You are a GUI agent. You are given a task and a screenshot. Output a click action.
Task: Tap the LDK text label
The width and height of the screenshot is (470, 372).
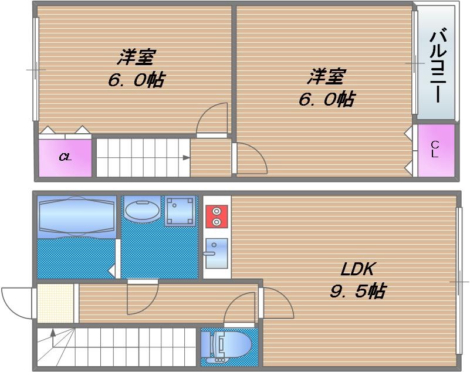coord(358,269)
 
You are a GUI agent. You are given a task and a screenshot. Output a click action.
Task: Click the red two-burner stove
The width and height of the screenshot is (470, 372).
coord(217,216)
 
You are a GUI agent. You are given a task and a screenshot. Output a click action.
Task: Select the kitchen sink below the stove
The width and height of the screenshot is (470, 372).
coord(217,253)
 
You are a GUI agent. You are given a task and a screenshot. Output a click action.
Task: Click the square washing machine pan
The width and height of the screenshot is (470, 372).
coord(180,211)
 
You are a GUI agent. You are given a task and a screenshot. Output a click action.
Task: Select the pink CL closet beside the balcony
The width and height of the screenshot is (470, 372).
coord(435,150)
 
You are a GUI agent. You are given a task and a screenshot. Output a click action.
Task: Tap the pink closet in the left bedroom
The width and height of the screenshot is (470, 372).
coord(65,157)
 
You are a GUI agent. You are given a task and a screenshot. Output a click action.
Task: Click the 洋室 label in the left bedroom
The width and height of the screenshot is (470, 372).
coord(136,58)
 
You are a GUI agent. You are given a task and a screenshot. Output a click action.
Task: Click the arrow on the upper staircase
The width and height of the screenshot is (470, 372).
coord(185,157)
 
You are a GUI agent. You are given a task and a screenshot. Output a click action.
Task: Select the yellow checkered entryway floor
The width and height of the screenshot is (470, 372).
coord(56,303)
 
